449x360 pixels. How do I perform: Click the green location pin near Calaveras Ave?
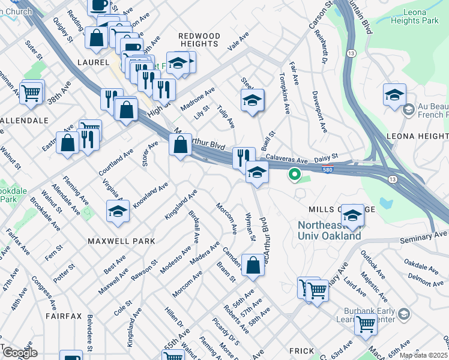[x=294, y=175]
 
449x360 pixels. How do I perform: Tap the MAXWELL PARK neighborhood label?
[x=121, y=241]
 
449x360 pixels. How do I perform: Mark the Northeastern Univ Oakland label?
[x=330, y=230]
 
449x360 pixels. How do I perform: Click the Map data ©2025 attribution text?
[x=423, y=356]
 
